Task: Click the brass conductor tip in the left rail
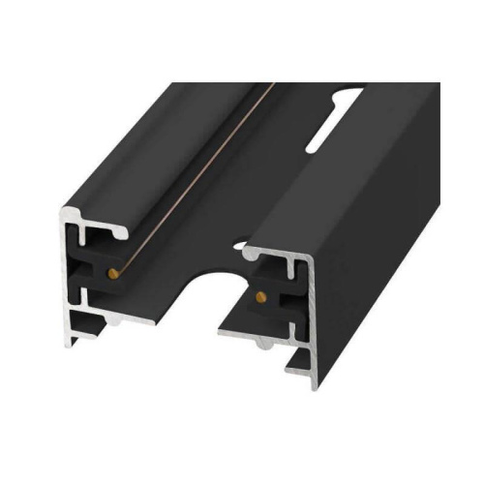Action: [115, 274]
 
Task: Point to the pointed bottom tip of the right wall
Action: [314, 385]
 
